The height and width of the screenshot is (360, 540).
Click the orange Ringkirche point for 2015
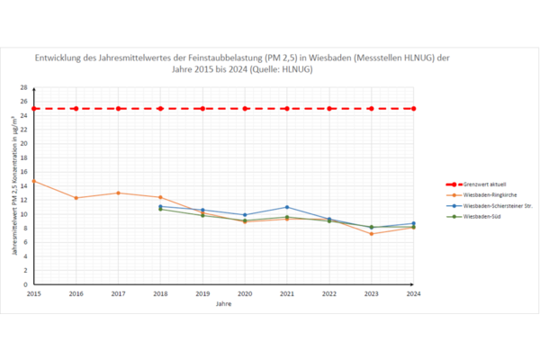pos(34,181)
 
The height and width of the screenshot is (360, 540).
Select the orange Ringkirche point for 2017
pos(118,193)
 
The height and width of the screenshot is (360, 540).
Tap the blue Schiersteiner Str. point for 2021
pos(286,207)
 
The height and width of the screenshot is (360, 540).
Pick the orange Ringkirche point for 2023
pos(371,234)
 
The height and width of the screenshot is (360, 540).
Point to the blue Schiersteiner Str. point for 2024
pos(413,223)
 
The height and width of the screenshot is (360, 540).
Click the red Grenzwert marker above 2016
pos(76,109)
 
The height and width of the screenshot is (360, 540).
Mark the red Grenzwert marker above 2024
pos(413,109)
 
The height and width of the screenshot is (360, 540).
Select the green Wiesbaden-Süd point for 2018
pos(160,210)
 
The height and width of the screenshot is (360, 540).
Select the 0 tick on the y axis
pos(26,284)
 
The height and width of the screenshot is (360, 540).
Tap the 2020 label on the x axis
pos(245,293)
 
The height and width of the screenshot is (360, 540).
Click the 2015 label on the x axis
pos(34,293)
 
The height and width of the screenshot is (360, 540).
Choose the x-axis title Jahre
pos(223,304)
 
